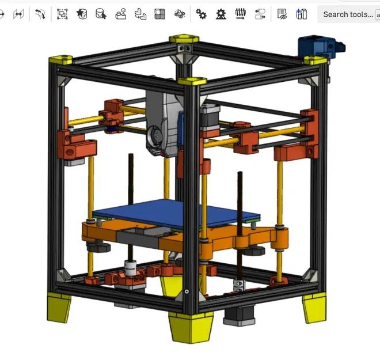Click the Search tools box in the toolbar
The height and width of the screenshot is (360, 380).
[347, 14]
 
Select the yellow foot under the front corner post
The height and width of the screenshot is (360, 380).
[190, 328]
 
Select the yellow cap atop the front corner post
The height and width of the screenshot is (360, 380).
[192, 80]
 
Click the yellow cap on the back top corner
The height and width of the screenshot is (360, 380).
[184, 40]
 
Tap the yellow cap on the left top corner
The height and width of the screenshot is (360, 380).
[61, 59]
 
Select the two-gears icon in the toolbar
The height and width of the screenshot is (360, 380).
[201, 14]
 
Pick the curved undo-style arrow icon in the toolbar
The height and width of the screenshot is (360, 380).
[40, 14]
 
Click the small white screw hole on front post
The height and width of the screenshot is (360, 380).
[187, 292]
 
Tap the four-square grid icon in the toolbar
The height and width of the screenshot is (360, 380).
[160, 14]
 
